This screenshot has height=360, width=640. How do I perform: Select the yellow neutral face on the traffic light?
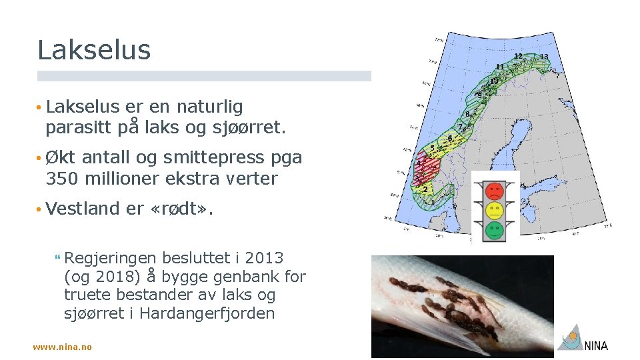(494, 211)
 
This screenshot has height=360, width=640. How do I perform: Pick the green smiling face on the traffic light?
(494, 231)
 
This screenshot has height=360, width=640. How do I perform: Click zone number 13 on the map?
(544, 57)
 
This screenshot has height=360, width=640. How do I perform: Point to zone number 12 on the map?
(518, 55)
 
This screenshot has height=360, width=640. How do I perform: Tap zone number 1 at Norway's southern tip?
(433, 201)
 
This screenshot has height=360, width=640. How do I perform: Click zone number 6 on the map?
(450, 138)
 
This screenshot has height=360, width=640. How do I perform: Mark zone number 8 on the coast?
(467, 114)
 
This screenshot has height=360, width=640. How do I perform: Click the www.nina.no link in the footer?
(63, 347)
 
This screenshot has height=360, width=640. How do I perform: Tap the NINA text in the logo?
(596, 345)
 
